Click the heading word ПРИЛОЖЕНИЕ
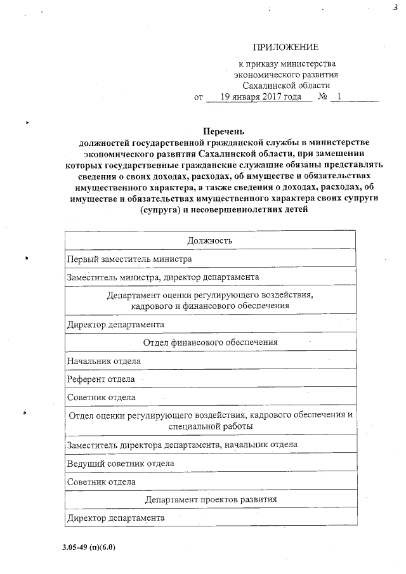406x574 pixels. (x=285, y=47)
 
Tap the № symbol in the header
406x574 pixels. (x=322, y=98)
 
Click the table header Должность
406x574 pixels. (x=210, y=240)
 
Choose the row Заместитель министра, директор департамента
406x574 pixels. (x=162, y=277)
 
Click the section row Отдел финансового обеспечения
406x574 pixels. (x=210, y=342)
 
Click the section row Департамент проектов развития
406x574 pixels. (x=210, y=500)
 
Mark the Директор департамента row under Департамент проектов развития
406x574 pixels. (x=115, y=518)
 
